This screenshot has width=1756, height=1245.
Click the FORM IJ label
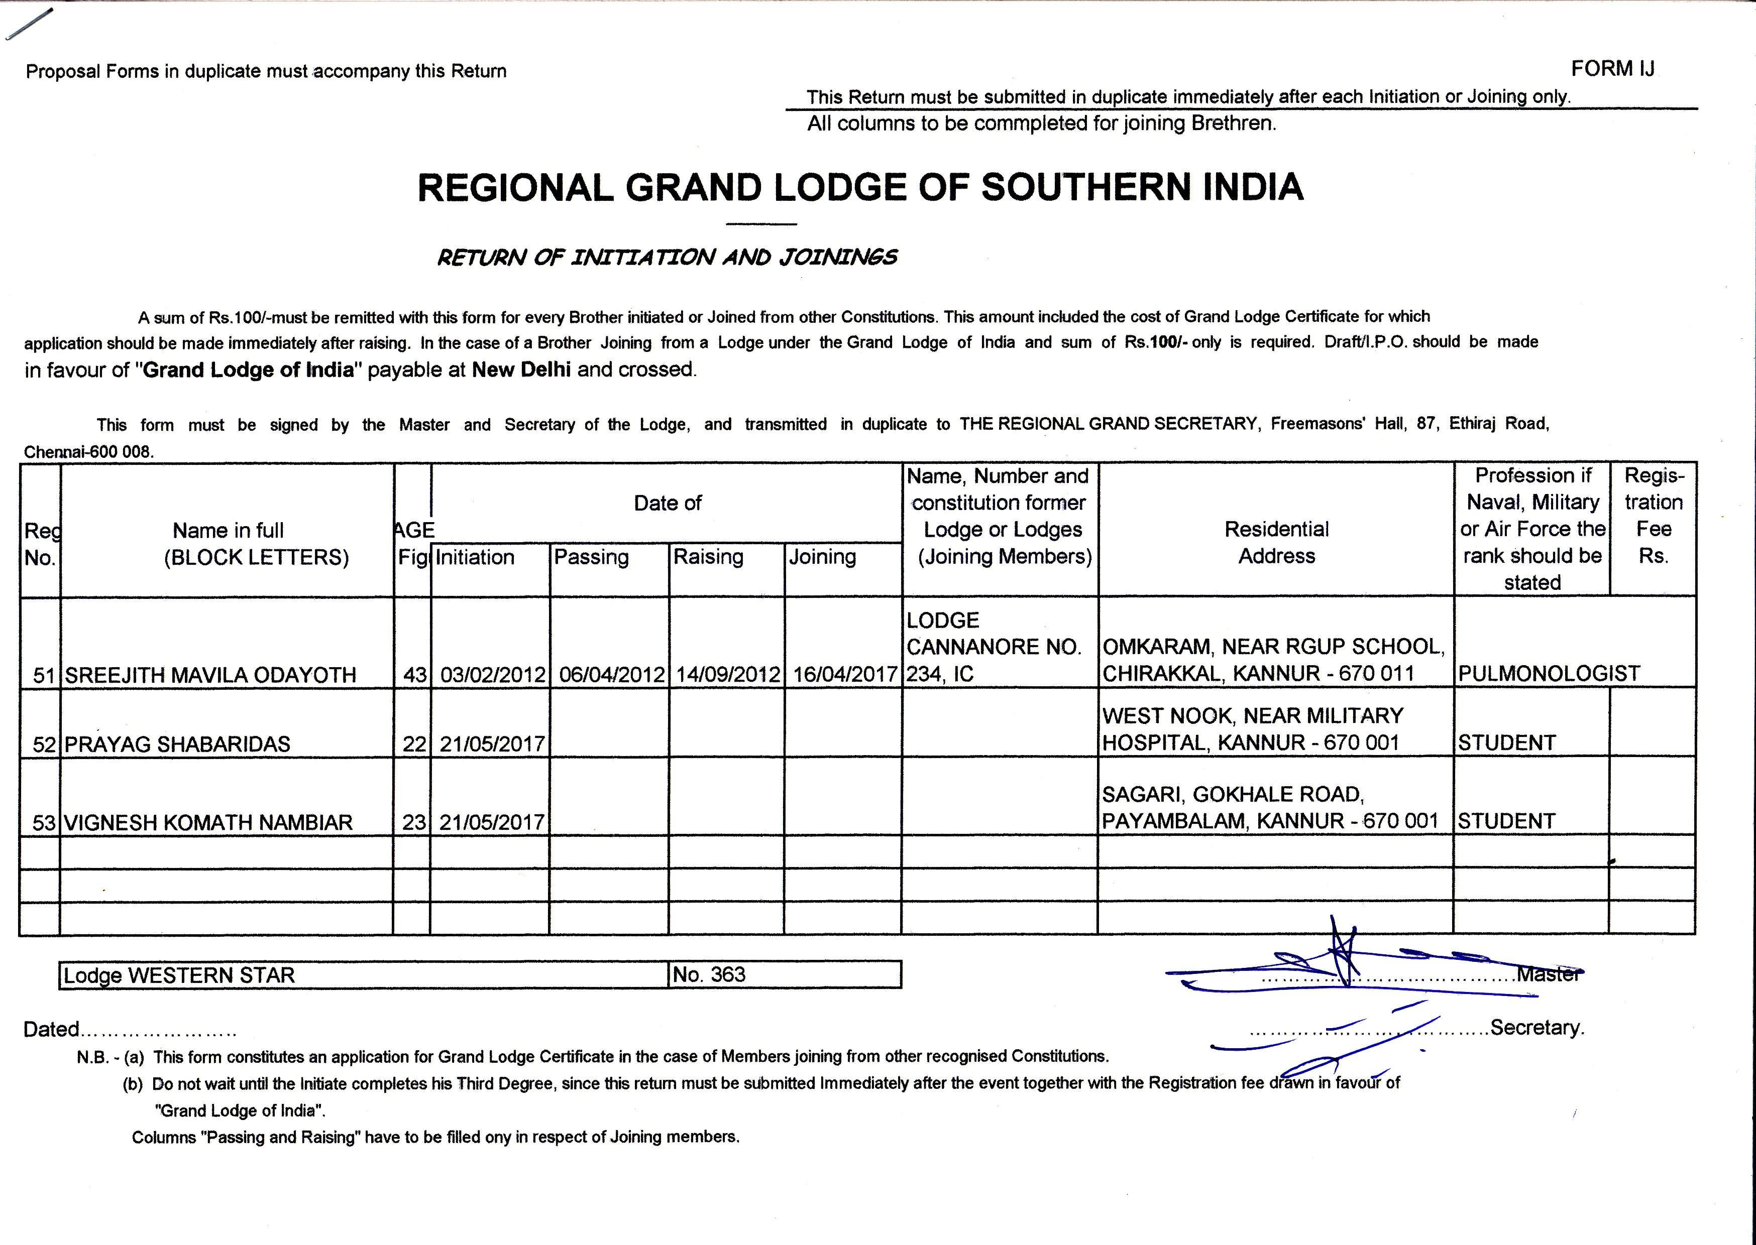click(x=1612, y=69)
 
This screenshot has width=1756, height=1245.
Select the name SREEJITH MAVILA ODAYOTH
click(x=210, y=675)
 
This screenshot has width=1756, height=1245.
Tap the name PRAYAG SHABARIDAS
click(x=177, y=743)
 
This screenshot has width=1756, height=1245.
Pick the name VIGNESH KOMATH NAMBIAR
click(x=208, y=823)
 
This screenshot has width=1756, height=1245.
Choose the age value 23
click(x=414, y=823)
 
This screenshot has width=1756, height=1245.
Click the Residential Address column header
click(x=1277, y=542)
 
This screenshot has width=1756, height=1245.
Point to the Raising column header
click(x=708, y=557)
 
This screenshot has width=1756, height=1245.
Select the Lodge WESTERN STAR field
click(x=179, y=975)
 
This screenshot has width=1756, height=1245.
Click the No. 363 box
click(x=709, y=974)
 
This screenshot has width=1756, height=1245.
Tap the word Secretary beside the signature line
click(x=1536, y=1027)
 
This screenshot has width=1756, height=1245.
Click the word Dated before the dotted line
click(x=51, y=1029)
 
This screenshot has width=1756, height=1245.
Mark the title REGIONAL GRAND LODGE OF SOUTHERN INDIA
click(x=860, y=188)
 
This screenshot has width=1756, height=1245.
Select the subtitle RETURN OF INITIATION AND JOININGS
click(x=667, y=258)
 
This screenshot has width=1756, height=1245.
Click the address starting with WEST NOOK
click(x=1252, y=729)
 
